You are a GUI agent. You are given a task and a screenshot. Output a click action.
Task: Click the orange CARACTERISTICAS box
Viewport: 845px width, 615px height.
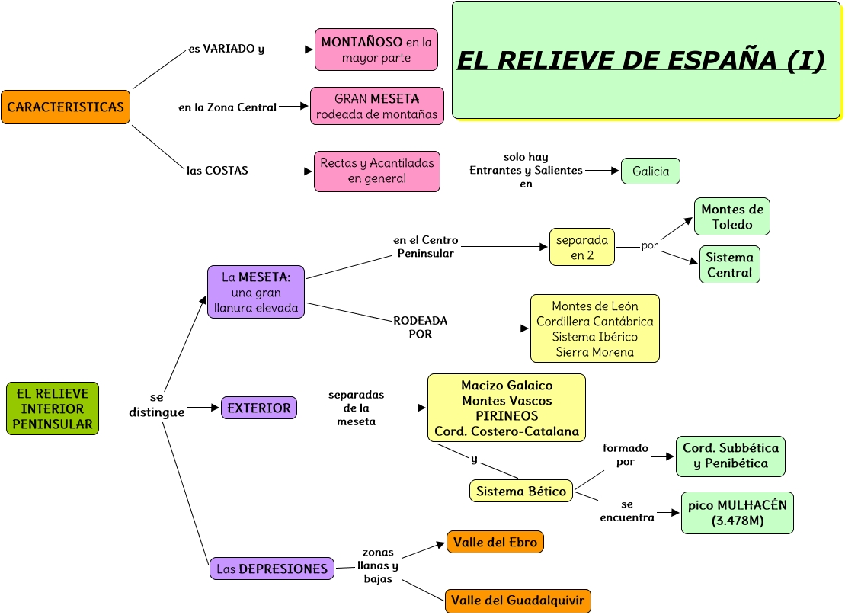pyautogui.click(x=66, y=107)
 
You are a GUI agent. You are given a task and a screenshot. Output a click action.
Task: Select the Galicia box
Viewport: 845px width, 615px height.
pyautogui.click(x=651, y=171)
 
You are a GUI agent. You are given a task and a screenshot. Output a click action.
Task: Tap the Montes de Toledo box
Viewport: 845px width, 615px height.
pyautogui.click(x=732, y=217)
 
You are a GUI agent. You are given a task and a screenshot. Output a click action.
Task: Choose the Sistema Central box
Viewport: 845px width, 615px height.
pyautogui.click(x=729, y=264)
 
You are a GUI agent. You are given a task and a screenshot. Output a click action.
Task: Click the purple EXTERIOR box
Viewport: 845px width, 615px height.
pyautogui.click(x=259, y=408)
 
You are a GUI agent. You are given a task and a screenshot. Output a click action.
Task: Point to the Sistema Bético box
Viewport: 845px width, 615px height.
pyautogui.click(x=521, y=492)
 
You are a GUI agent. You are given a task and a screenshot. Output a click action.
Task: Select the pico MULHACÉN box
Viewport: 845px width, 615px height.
pyautogui.click(x=737, y=513)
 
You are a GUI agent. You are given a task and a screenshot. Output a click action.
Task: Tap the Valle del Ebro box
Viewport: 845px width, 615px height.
pyautogui.click(x=495, y=543)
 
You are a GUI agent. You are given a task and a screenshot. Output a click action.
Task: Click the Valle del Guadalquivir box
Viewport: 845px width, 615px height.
pyautogui.click(x=517, y=601)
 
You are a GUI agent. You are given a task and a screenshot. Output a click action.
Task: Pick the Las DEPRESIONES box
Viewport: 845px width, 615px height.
pyautogui.click(x=272, y=569)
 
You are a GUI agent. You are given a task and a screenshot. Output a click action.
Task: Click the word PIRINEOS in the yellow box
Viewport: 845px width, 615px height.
pyautogui.click(x=507, y=416)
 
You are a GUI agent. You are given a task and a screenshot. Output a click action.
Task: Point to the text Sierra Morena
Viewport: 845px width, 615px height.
pyautogui.click(x=594, y=352)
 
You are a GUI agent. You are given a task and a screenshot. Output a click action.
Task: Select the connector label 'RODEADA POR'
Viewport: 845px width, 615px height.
pyautogui.click(x=420, y=327)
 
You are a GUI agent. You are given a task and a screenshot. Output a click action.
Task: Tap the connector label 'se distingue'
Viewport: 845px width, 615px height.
pyautogui.click(x=156, y=405)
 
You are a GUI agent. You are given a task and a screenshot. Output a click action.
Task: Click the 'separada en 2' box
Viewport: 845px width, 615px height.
pyautogui.click(x=582, y=248)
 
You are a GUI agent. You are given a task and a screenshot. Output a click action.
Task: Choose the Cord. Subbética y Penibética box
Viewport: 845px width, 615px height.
pyautogui.click(x=731, y=456)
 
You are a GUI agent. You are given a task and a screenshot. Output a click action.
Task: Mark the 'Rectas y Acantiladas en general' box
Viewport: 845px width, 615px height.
pyautogui.click(x=377, y=171)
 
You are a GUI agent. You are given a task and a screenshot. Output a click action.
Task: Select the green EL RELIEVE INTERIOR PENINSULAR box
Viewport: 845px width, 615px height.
pyautogui.click(x=53, y=408)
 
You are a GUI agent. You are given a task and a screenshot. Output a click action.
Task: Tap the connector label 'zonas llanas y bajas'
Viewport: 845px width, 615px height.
pyautogui.click(x=378, y=565)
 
